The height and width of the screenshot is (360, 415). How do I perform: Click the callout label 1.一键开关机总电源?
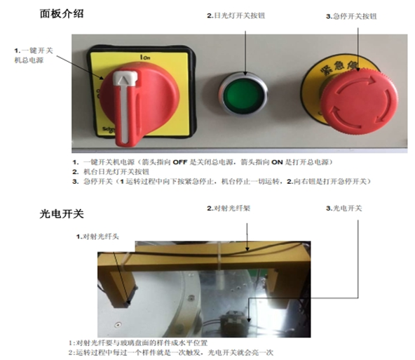pyautogui.click(x=35, y=56)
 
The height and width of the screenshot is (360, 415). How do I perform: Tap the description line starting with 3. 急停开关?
pyautogui.click(x=224, y=181)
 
